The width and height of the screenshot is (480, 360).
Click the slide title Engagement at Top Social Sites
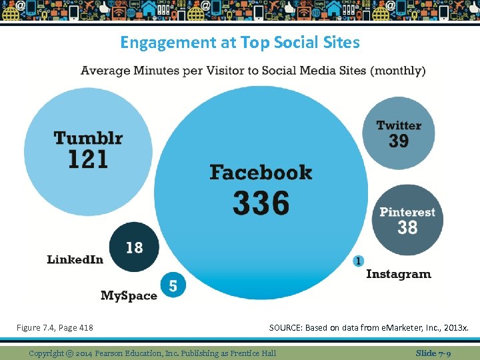(x=239, y=43)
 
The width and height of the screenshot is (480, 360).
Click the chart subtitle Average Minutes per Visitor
(x=253, y=71)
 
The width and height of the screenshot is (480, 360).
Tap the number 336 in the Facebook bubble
(x=261, y=203)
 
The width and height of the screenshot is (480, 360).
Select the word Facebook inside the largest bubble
(x=261, y=173)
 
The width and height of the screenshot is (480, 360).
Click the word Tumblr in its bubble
(x=88, y=138)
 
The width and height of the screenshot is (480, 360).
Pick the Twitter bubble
(x=399, y=133)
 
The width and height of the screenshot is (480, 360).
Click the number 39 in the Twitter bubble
(x=399, y=141)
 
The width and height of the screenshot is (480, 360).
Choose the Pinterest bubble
(x=407, y=220)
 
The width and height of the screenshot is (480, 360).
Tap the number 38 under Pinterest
(x=407, y=228)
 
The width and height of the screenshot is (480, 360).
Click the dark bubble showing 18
(x=134, y=247)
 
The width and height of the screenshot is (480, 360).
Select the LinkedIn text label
(x=75, y=259)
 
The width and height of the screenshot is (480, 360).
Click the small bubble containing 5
(x=173, y=286)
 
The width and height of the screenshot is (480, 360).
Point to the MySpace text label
(x=129, y=295)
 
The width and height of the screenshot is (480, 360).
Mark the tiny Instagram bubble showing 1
(x=359, y=261)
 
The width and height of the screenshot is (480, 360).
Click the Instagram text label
(x=398, y=274)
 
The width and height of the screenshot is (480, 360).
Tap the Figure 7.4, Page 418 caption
(x=55, y=327)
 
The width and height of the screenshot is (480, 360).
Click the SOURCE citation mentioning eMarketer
(x=369, y=327)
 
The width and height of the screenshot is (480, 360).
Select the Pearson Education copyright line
(x=152, y=353)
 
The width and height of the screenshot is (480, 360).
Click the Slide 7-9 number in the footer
(x=433, y=353)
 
